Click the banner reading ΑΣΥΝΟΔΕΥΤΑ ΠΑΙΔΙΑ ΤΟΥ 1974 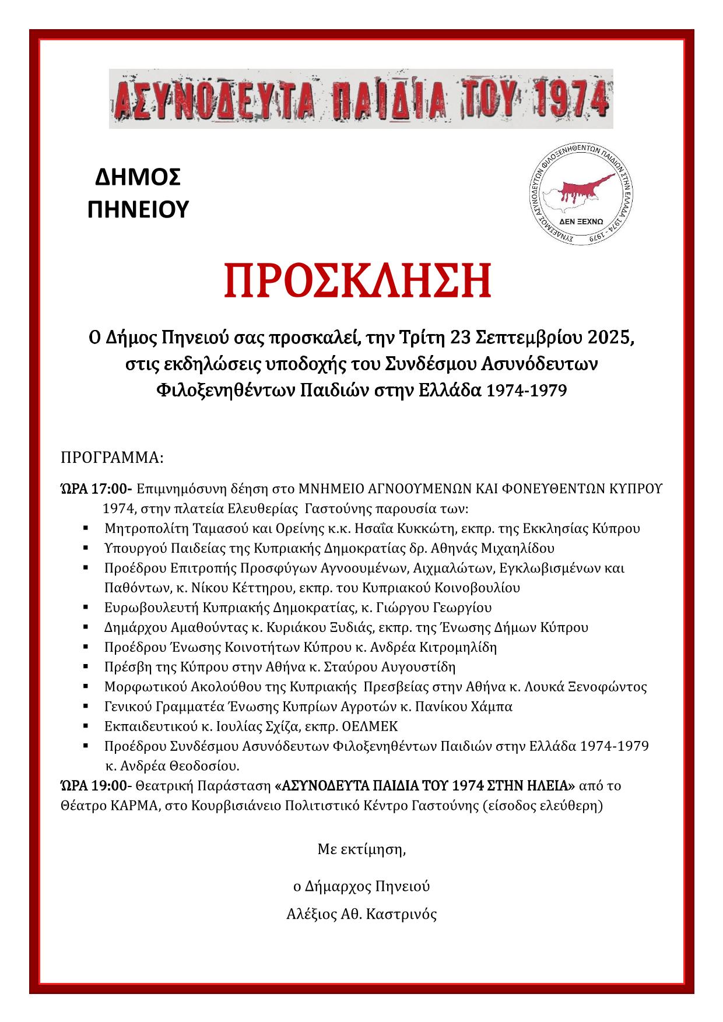(x=361, y=99)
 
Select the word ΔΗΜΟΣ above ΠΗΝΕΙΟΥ (x=138, y=178)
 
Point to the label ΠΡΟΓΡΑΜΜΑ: (x=112, y=457)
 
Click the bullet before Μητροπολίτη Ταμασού (x=86, y=529)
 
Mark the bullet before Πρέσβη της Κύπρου (x=86, y=666)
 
